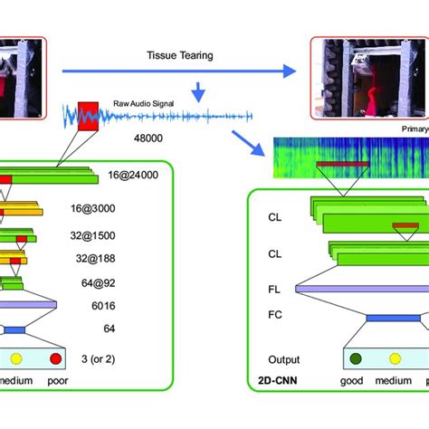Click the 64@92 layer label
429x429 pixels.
(115, 281)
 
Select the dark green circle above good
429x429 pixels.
(352, 357)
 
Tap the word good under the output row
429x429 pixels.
(352, 381)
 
